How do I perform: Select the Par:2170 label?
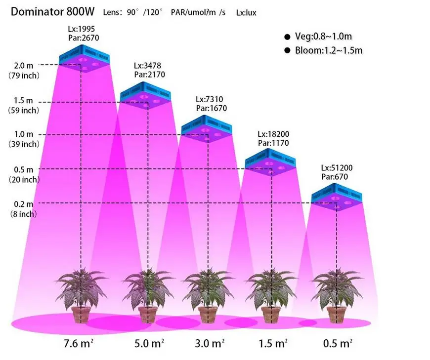point(150,75)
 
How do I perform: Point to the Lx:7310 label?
point(212,99)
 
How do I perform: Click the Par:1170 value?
point(273,143)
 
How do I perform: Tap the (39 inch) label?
point(24,144)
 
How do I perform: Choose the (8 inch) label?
point(24,214)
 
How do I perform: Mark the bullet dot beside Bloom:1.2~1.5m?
point(287,50)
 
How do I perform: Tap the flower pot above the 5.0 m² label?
point(148,314)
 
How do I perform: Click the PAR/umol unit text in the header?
point(198,12)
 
